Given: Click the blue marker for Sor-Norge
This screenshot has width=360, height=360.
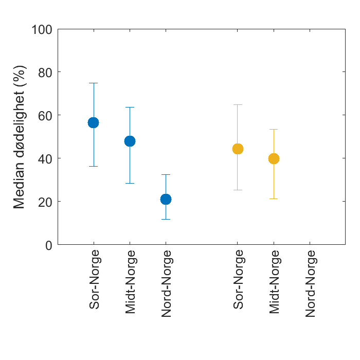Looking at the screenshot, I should click(93, 122).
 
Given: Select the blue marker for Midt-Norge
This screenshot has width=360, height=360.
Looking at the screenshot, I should click(130, 141).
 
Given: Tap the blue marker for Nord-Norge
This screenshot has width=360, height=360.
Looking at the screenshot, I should click(166, 199).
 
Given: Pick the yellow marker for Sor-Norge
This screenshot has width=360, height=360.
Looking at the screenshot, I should click(238, 149).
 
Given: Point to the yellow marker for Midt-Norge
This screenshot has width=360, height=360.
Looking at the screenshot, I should click(274, 158).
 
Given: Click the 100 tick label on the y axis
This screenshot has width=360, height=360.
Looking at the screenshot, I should click(42, 29).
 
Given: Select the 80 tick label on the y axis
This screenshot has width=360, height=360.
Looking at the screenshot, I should click(45, 72).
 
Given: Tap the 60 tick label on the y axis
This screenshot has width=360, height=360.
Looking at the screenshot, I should click(45, 115).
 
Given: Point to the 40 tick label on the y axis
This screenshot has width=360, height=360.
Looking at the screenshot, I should click(45, 158).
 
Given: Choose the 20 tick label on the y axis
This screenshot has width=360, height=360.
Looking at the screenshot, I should click(45, 202).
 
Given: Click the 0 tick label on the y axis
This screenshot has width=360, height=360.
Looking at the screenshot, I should click(49, 245).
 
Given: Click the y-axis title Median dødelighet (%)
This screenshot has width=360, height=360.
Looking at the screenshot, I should click(20, 137).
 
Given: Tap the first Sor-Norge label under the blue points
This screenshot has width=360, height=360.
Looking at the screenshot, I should click(94, 280).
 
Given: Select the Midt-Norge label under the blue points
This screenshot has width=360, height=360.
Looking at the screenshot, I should click(130, 282).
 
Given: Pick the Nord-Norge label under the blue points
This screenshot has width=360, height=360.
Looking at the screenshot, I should click(166, 283).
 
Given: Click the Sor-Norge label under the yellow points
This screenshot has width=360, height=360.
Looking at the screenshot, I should click(238, 280).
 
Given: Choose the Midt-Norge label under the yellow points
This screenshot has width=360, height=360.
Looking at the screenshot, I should click(274, 282).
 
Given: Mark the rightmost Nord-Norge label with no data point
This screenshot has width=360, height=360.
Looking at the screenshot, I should click(310, 283).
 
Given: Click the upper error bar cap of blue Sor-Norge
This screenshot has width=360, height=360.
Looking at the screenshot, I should click(93, 83).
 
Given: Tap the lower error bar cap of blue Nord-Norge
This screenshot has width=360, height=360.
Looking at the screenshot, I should click(166, 219).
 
